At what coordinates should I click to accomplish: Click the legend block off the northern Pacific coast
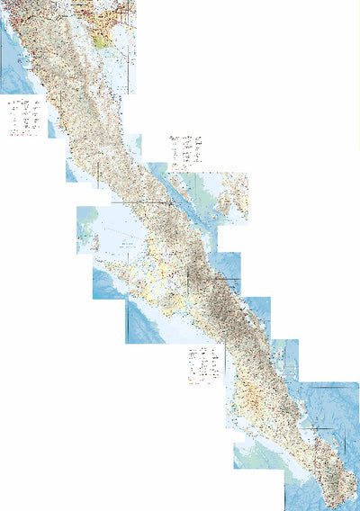click(24, 115)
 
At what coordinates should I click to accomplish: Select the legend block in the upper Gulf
click(184, 147)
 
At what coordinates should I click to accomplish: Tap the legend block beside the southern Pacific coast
click(203, 363)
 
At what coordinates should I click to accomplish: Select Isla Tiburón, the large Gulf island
click(232, 199)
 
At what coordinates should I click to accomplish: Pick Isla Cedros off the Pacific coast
click(86, 236)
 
